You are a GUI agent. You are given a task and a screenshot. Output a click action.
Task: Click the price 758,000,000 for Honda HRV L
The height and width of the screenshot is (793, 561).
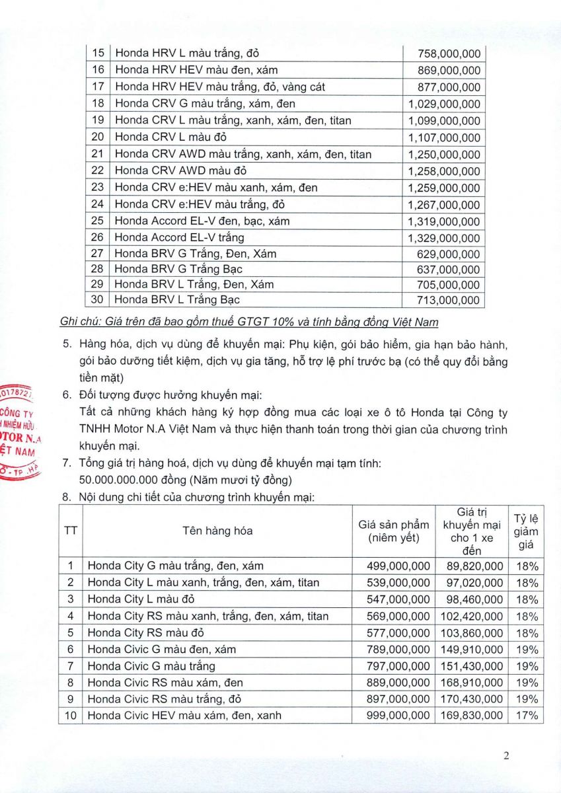[449, 54]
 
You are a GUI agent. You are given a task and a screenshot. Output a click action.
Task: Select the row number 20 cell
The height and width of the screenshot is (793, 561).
[98, 137]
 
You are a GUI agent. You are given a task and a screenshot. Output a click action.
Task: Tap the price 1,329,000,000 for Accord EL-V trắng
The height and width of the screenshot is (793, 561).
[444, 238]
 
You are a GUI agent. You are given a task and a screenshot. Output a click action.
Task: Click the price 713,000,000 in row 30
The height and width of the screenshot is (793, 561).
[449, 301]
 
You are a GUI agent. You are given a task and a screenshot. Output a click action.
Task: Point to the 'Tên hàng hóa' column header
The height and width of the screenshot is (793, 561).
[217, 531]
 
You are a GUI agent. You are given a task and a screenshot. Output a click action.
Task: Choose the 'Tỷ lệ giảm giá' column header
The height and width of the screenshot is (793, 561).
[526, 531]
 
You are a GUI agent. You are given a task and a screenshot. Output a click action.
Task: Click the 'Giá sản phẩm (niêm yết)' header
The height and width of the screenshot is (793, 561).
[394, 531]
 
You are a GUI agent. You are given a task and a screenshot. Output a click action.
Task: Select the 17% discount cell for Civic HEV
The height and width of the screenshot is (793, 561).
[527, 715]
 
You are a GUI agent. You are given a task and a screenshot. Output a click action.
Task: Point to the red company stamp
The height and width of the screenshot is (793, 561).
[20, 432]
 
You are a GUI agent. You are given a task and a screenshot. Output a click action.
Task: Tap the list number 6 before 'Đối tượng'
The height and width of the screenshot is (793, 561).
[66, 395]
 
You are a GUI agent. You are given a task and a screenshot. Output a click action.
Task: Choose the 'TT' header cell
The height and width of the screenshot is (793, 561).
[70, 531]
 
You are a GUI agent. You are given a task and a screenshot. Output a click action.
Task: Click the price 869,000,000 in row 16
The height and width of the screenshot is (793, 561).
[449, 70]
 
